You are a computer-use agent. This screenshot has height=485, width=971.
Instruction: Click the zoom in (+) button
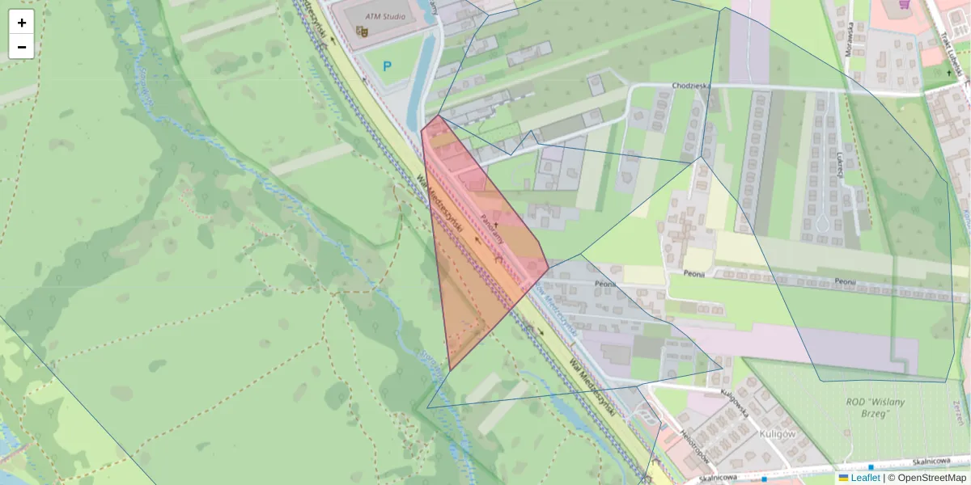[22, 23]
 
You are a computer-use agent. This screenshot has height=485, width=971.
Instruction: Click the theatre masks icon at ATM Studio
[362, 32]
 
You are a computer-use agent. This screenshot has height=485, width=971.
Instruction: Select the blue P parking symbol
[388, 67]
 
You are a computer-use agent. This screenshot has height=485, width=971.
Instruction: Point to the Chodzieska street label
[690, 86]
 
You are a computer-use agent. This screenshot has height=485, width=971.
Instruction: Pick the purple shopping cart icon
[904, 4]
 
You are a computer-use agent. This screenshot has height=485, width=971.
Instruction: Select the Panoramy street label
[491, 230]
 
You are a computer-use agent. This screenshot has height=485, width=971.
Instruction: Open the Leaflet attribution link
[865, 478]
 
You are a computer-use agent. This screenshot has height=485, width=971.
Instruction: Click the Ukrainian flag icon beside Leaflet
[844, 478]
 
